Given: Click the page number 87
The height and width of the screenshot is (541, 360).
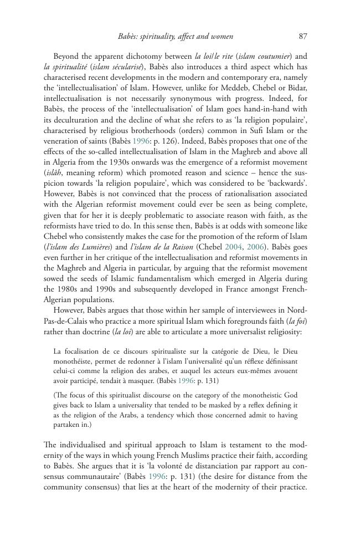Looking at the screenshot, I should coord(302,37).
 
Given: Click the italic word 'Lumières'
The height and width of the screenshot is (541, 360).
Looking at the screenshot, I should coord(83,247).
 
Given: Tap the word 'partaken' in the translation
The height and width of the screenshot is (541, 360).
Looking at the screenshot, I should coord(68,425).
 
